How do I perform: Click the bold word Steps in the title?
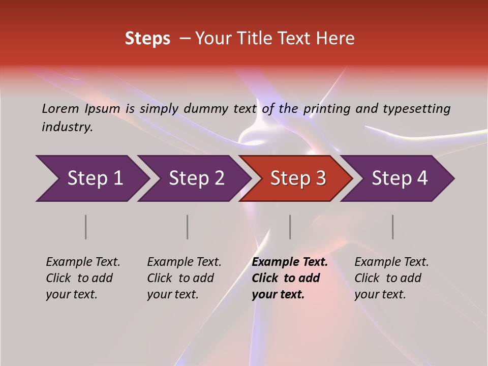click(x=147, y=39)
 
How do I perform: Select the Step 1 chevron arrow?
click(x=91, y=178)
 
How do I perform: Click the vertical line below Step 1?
click(x=86, y=227)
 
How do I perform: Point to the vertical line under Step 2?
click(x=188, y=227)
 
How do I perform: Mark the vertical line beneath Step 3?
click(x=290, y=227)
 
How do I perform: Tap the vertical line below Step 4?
click(x=393, y=227)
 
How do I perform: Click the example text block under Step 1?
click(x=83, y=278)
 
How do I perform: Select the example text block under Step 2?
click(x=184, y=278)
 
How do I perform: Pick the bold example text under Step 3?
click(x=290, y=278)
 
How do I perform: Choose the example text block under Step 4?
click(x=391, y=278)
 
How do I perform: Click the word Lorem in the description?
click(x=60, y=108)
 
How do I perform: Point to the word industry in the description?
click(x=67, y=127)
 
